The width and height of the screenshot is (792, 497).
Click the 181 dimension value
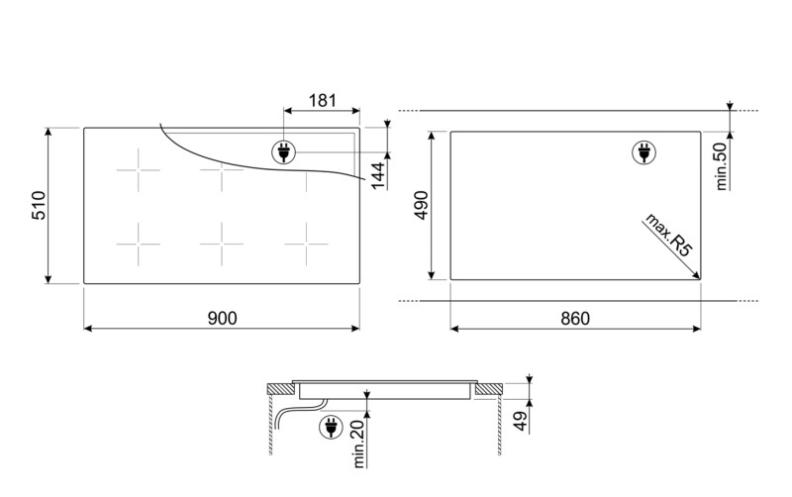[323, 100]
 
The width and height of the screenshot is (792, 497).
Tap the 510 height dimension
[37, 205]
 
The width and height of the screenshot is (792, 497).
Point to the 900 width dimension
[222, 318]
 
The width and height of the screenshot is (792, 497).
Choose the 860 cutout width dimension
[574, 318]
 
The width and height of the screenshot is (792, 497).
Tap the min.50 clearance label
[721, 164]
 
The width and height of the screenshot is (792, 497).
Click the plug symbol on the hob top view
[284, 152]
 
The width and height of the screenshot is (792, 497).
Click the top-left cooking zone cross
[138, 174]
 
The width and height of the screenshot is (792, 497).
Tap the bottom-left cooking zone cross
[138, 239]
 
